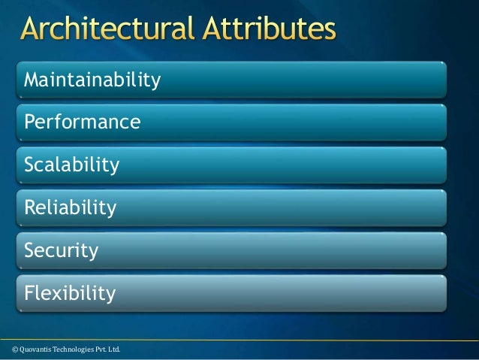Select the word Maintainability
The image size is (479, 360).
pyautogui.click(x=92, y=79)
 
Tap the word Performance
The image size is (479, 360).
pyautogui.click(x=82, y=122)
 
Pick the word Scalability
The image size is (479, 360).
pyautogui.click(x=71, y=165)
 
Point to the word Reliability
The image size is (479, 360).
pyautogui.click(x=70, y=207)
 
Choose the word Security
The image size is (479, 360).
pyautogui.click(x=61, y=250)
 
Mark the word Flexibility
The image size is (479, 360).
pyautogui.click(x=70, y=292)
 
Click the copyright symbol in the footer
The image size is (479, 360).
pyautogui.click(x=7, y=349)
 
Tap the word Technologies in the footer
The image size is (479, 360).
pyautogui.click(x=65, y=349)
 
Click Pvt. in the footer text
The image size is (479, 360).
pyautogui.click(x=95, y=349)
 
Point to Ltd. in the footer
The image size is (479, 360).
pyautogui.click(x=111, y=349)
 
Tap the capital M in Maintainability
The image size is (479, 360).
pyautogui.click(x=32, y=79)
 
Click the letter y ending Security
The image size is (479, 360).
pyautogui.click(x=93, y=252)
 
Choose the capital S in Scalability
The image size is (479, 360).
pyautogui.click(x=29, y=165)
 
